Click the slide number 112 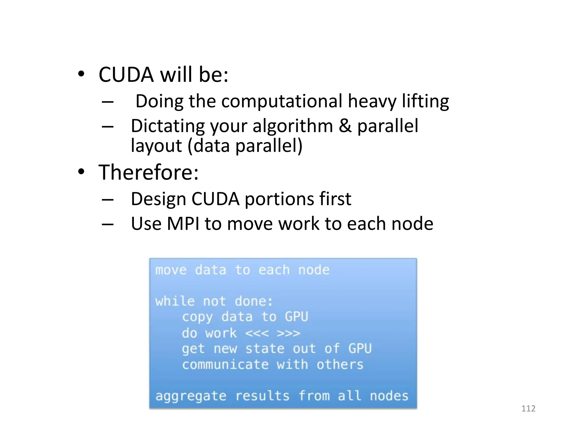(528, 408)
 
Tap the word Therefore (148, 172)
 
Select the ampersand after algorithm (345, 126)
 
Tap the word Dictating (168, 126)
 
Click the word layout (156, 145)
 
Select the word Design (158, 199)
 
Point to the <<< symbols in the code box (257, 333)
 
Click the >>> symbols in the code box (289, 333)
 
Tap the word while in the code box (175, 301)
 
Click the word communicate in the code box (225, 365)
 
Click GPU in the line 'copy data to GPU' (296, 317)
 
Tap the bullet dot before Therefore (81, 172)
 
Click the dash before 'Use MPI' (108, 224)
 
